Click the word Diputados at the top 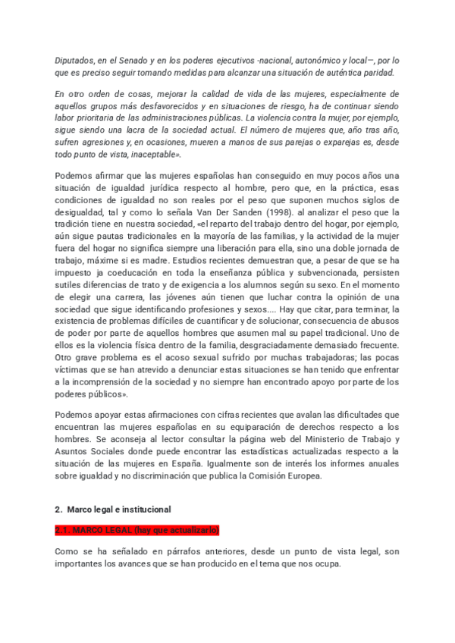tap(75, 60)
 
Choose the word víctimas tap(74, 371)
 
